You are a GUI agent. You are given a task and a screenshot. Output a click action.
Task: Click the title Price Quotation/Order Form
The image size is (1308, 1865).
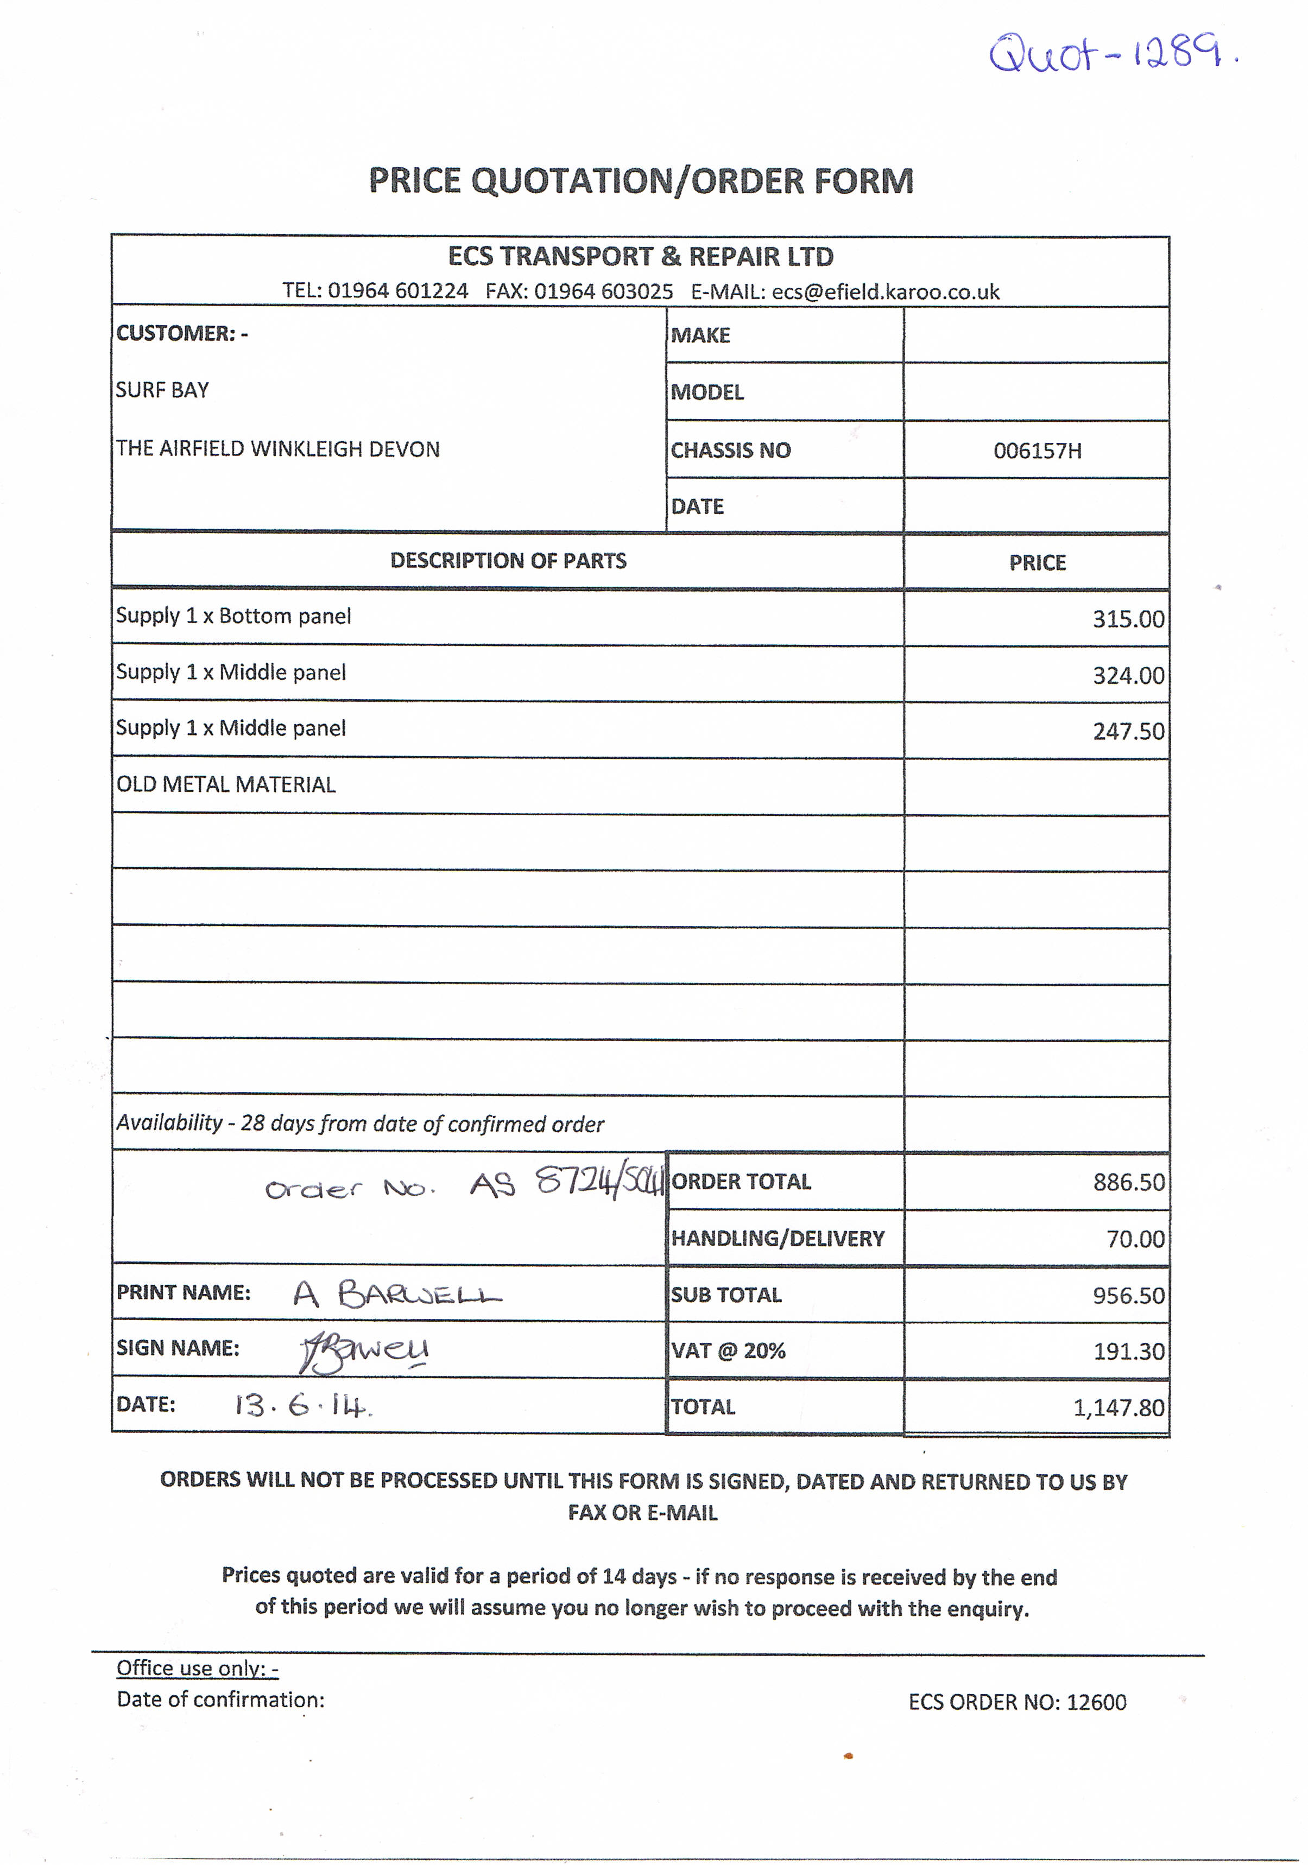(641, 180)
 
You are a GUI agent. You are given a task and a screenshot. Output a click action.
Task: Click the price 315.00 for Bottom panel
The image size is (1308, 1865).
(1128, 619)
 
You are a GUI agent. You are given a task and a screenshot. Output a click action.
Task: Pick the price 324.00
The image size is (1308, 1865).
(1128, 675)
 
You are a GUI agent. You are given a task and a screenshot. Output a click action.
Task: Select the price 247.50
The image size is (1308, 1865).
(1128, 731)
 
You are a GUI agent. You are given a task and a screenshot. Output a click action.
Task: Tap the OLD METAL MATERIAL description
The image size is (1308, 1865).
(226, 785)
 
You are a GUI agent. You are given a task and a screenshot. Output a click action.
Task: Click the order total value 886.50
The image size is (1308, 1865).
(1128, 1182)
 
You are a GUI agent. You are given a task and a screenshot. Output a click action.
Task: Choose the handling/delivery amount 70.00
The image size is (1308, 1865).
(1134, 1239)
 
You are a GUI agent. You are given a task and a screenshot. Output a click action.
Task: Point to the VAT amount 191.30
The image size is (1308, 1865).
(1128, 1351)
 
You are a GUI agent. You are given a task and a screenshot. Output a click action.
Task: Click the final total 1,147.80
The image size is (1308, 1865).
(1118, 1407)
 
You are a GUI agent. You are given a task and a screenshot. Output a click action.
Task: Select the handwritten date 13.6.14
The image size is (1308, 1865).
(302, 1405)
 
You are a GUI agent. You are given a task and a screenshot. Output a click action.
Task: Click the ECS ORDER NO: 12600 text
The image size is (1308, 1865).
(1016, 1702)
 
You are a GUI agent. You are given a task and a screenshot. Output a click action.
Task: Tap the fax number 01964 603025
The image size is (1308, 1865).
(602, 291)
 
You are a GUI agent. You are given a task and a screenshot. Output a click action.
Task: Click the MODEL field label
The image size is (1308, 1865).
(707, 392)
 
